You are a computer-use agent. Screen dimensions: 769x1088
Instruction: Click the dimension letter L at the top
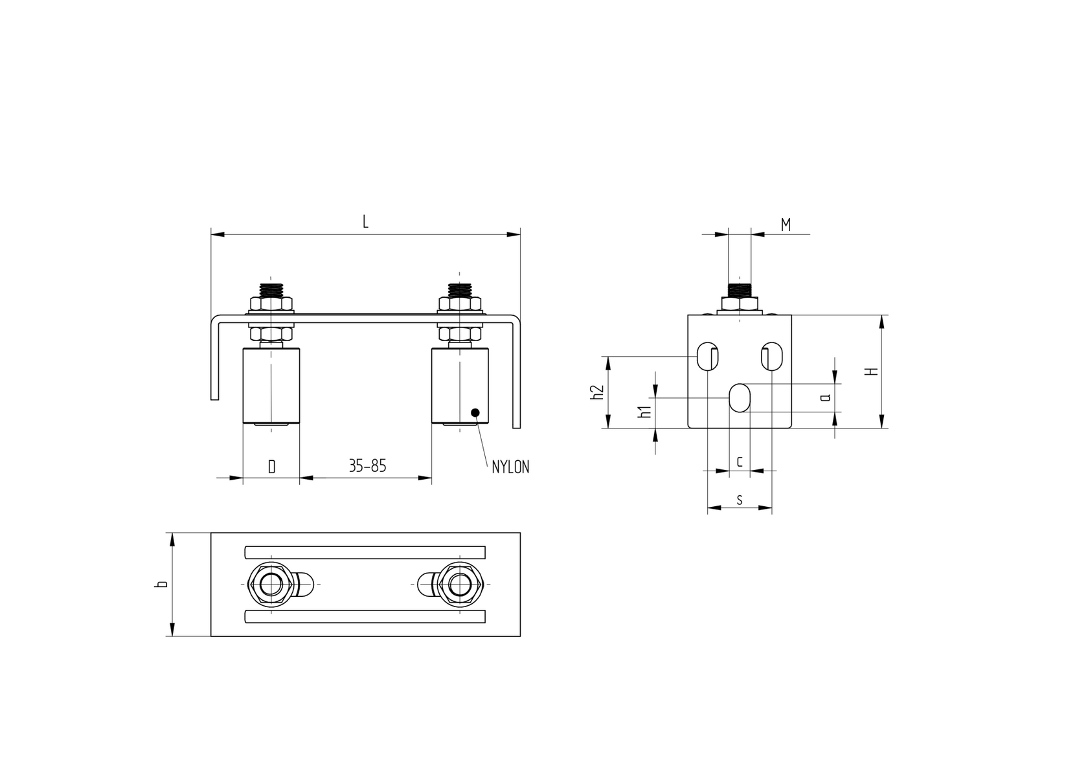[x=365, y=222]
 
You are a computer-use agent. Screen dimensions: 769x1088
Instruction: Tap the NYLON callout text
[x=510, y=467]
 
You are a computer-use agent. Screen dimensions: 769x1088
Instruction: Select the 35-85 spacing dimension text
[x=367, y=465]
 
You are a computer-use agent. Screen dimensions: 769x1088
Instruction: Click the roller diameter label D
[x=272, y=466]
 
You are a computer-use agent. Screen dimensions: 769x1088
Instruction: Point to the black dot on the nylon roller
[x=475, y=412]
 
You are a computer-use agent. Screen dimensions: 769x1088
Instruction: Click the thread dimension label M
[x=786, y=225]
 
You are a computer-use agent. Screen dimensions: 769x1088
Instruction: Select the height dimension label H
[x=873, y=372]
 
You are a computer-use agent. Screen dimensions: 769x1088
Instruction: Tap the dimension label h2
[x=597, y=392]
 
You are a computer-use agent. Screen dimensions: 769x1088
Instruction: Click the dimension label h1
[x=644, y=412]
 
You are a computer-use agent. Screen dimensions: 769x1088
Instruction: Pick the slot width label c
[x=740, y=461]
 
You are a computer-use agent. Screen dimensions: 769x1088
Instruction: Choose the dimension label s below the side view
[x=740, y=500]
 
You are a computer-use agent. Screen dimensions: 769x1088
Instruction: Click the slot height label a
[x=826, y=397]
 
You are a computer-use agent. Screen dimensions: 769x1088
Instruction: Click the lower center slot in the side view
[x=740, y=397]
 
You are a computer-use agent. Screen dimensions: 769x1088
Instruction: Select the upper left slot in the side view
[x=707, y=356]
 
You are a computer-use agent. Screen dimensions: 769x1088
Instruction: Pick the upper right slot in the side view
[x=771, y=356]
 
